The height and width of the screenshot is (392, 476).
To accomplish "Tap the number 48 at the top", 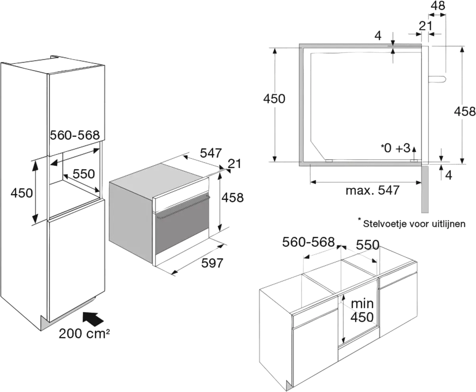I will [438, 6].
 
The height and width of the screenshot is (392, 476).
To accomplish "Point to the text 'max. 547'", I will [372, 191].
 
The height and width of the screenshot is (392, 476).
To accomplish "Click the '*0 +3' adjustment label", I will [395, 148].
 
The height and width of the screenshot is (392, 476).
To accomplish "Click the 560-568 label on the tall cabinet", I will [74, 136].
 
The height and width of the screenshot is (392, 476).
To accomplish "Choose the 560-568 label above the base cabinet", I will [309, 242].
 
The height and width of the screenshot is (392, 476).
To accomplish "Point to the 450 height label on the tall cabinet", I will [21, 193].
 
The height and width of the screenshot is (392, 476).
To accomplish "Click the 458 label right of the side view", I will [464, 111].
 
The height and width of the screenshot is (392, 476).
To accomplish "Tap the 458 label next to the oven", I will [233, 197].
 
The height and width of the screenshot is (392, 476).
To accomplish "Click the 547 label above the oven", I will [211, 152].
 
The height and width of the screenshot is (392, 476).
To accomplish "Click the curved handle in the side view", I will [438, 80].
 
